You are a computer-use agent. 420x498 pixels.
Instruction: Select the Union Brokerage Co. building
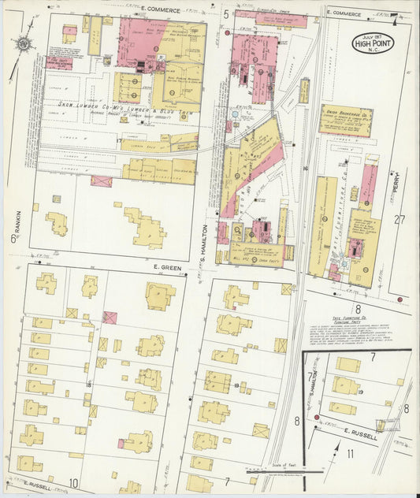pyautogui.click(x=345, y=121)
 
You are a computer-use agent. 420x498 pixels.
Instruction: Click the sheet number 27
pyautogui.click(x=401, y=220)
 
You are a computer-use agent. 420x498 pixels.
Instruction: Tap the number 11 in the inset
pyautogui.click(x=350, y=454)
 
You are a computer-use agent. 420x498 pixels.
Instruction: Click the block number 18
pyautogui.click(x=89, y=384)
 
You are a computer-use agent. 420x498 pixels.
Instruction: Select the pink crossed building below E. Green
pyautogui.click(x=110, y=318)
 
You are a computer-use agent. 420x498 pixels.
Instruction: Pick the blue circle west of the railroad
pyautogui.click(x=233, y=115)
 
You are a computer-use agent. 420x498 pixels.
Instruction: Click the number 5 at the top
pyautogui.click(x=225, y=14)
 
